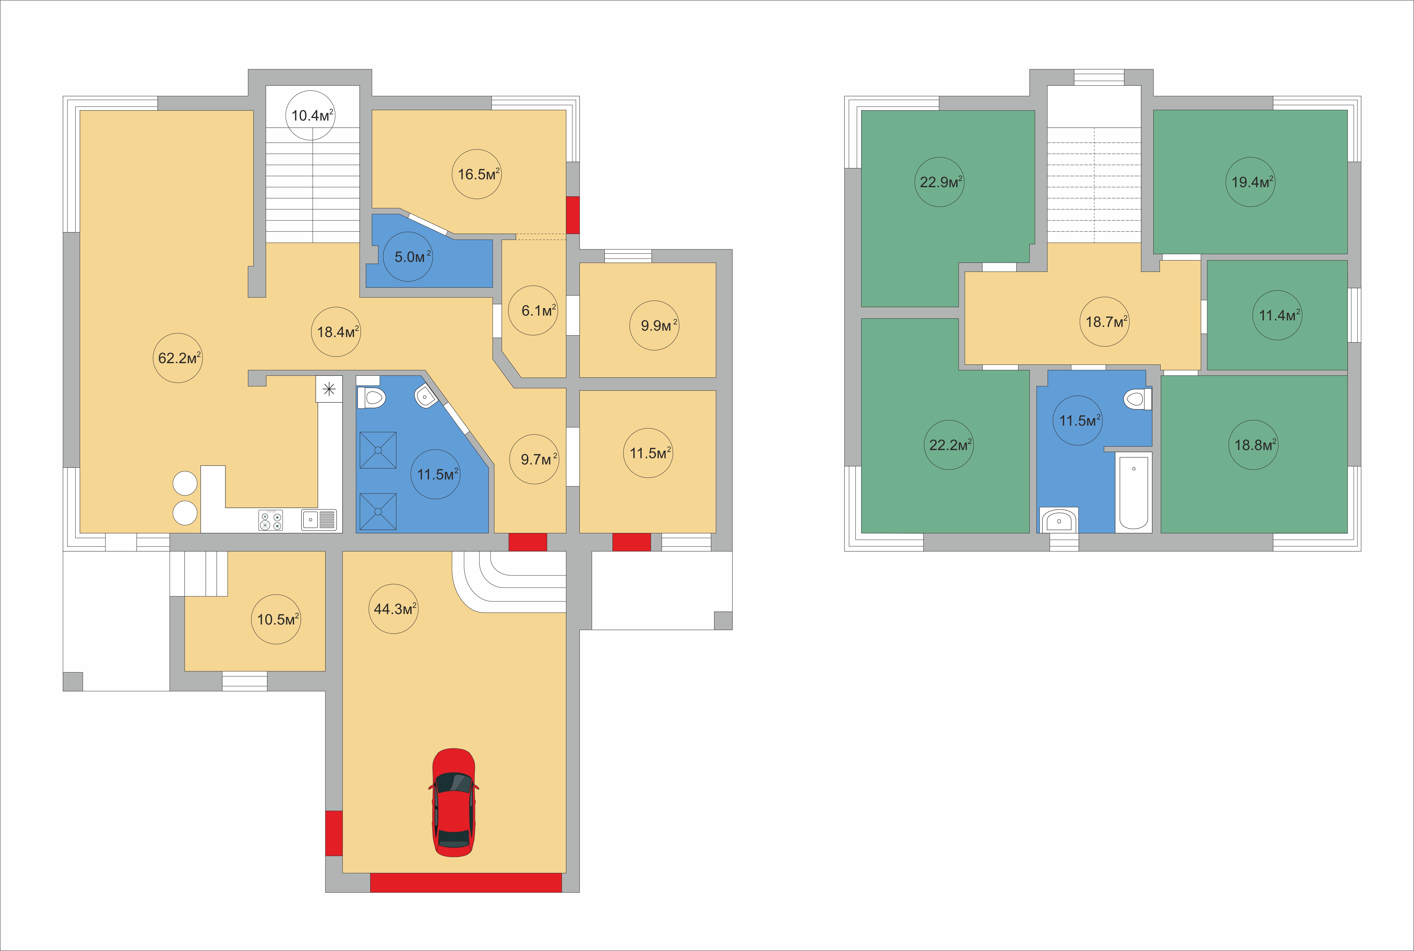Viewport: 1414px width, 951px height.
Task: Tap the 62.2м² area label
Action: coord(179,358)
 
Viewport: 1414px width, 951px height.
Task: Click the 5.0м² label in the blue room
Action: coord(412,257)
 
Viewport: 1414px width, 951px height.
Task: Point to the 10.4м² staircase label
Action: coord(312,115)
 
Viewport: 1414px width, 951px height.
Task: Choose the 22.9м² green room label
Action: coord(941,182)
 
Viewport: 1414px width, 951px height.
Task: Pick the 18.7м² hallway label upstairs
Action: coord(1106,321)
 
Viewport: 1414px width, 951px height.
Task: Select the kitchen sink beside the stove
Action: coord(319,520)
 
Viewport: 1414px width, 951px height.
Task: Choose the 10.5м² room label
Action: coord(278,619)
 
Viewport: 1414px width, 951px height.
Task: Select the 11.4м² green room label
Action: coord(1279,315)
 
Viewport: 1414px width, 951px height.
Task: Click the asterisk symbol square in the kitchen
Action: coord(329,389)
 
